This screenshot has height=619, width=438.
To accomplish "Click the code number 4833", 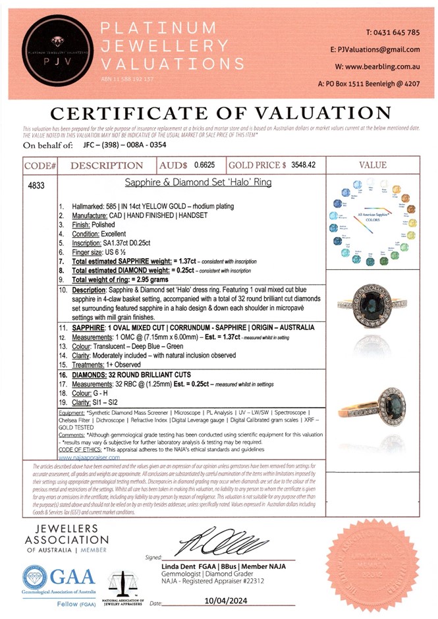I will [x=37, y=186].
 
